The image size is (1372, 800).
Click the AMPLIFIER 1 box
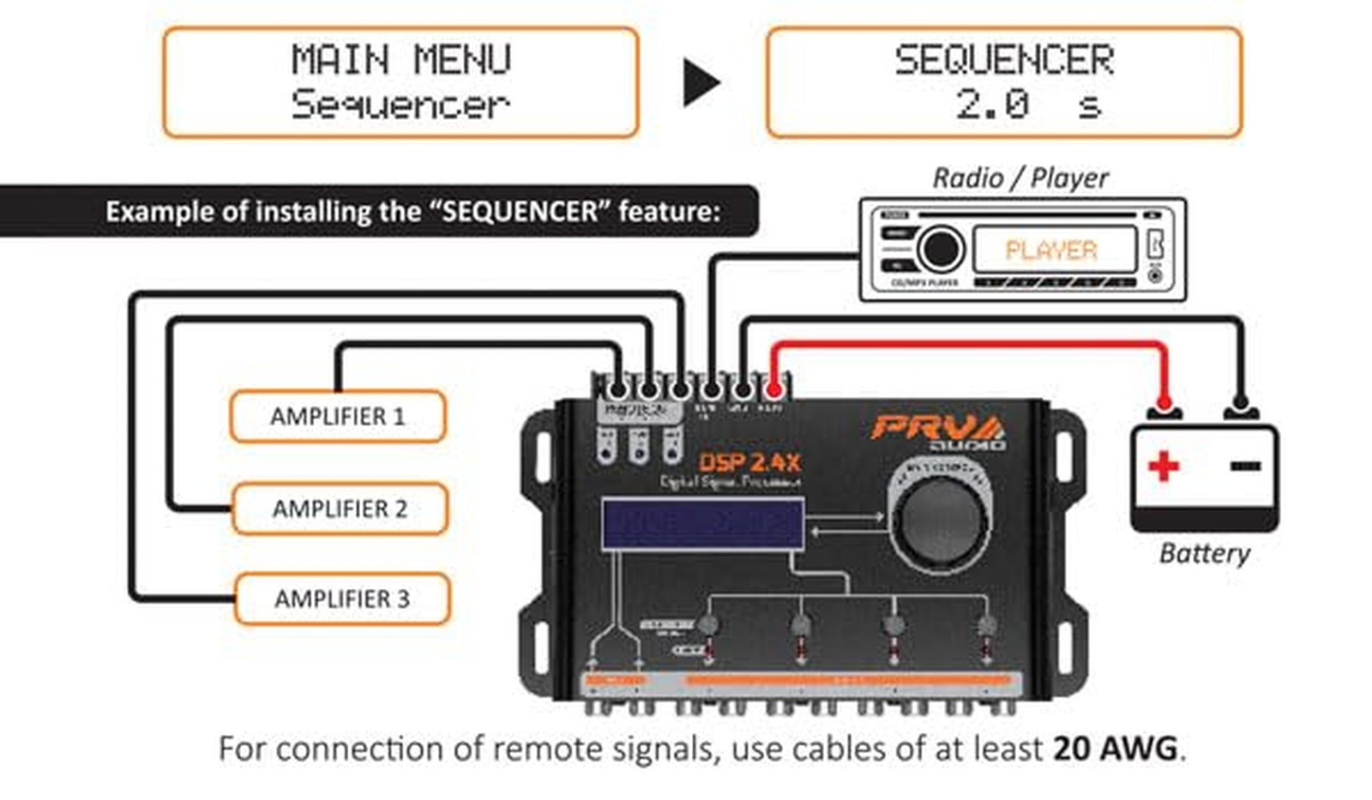point(337,417)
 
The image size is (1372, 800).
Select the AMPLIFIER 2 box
point(340,508)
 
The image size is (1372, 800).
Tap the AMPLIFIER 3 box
point(341,598)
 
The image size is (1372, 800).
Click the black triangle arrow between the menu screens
point(701,83)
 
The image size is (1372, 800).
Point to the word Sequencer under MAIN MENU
point(400,105)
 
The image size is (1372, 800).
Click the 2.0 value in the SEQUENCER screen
point(992,105)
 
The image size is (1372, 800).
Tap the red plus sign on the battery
point(1164,466)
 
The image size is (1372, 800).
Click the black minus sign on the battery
point(1245,466)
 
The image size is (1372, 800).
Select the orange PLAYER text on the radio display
point(1051,250)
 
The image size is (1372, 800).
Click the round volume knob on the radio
point(941,249)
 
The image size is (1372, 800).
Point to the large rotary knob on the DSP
point(941,517)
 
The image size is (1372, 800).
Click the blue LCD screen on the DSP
point(702,523)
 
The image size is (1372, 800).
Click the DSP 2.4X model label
point(749,463)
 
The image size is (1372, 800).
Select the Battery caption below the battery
point(1204,553)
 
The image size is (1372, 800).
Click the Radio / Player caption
point(1020,178)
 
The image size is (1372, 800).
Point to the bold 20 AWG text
point(1116,749)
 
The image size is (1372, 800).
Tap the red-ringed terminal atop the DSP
point(773,391)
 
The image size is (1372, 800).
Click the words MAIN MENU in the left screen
point(400,60)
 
